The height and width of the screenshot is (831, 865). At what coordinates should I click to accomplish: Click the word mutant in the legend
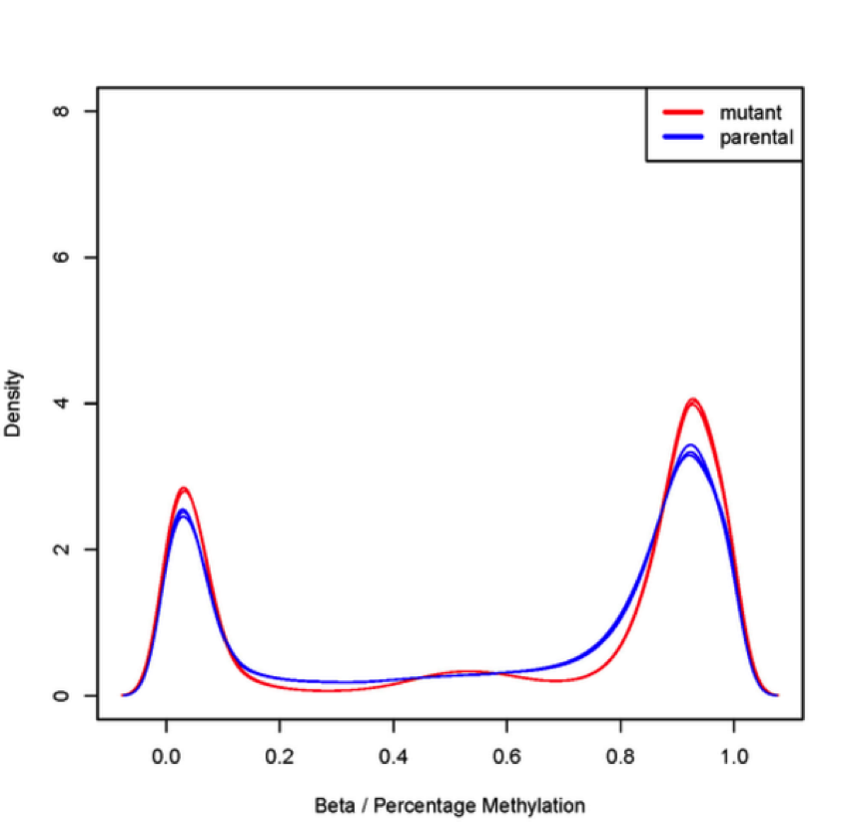(x=750, y=113)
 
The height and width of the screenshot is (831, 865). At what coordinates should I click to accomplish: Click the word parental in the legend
(x=756, y=137)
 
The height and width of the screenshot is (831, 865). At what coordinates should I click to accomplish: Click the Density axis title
(x=14, y=404)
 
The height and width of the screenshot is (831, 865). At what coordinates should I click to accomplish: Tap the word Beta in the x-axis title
(x=333, y=805)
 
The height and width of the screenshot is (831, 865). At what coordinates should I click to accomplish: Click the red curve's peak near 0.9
(x=692, y=401)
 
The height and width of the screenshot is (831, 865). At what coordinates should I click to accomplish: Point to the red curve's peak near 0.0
(x=184, y=488)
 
